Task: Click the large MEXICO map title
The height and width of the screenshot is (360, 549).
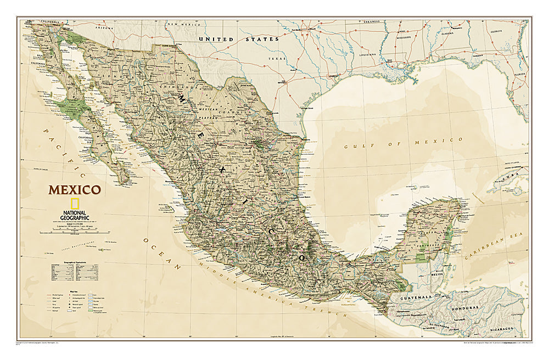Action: pyautogui.click(x=74, y=190)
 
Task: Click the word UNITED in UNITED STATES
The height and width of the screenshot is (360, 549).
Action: pyautogui.click(x=217, y=40)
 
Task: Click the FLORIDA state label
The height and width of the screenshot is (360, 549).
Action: pyautogui.click(x=519, y=72)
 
